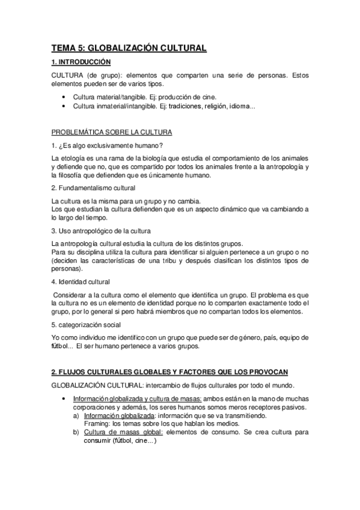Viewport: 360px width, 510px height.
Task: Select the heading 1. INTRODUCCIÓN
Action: pos(81,61)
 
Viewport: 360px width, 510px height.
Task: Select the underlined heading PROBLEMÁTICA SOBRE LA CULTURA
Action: pos(112,132)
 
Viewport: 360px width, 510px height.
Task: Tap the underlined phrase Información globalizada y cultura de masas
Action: pos(137,399)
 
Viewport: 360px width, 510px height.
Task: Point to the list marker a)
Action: pos(76,416)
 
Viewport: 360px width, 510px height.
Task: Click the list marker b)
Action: pos(76,432)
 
